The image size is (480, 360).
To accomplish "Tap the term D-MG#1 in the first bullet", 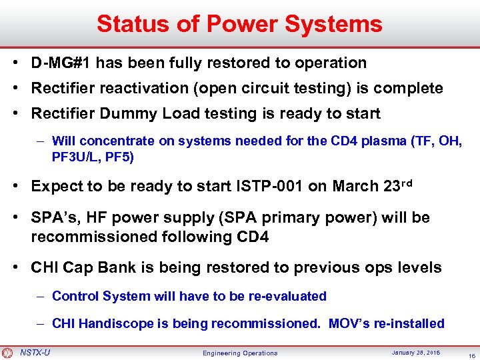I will [x=61, y=63].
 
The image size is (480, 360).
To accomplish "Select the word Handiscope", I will [x=112, y=323].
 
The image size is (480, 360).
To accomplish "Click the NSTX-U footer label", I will [x=35, y=352].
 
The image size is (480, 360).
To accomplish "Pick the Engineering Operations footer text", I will [x=240, y=353].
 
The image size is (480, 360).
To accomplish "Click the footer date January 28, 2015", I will [x=406, y=352].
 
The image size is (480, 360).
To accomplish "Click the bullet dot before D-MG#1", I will [x=15, y=63].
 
